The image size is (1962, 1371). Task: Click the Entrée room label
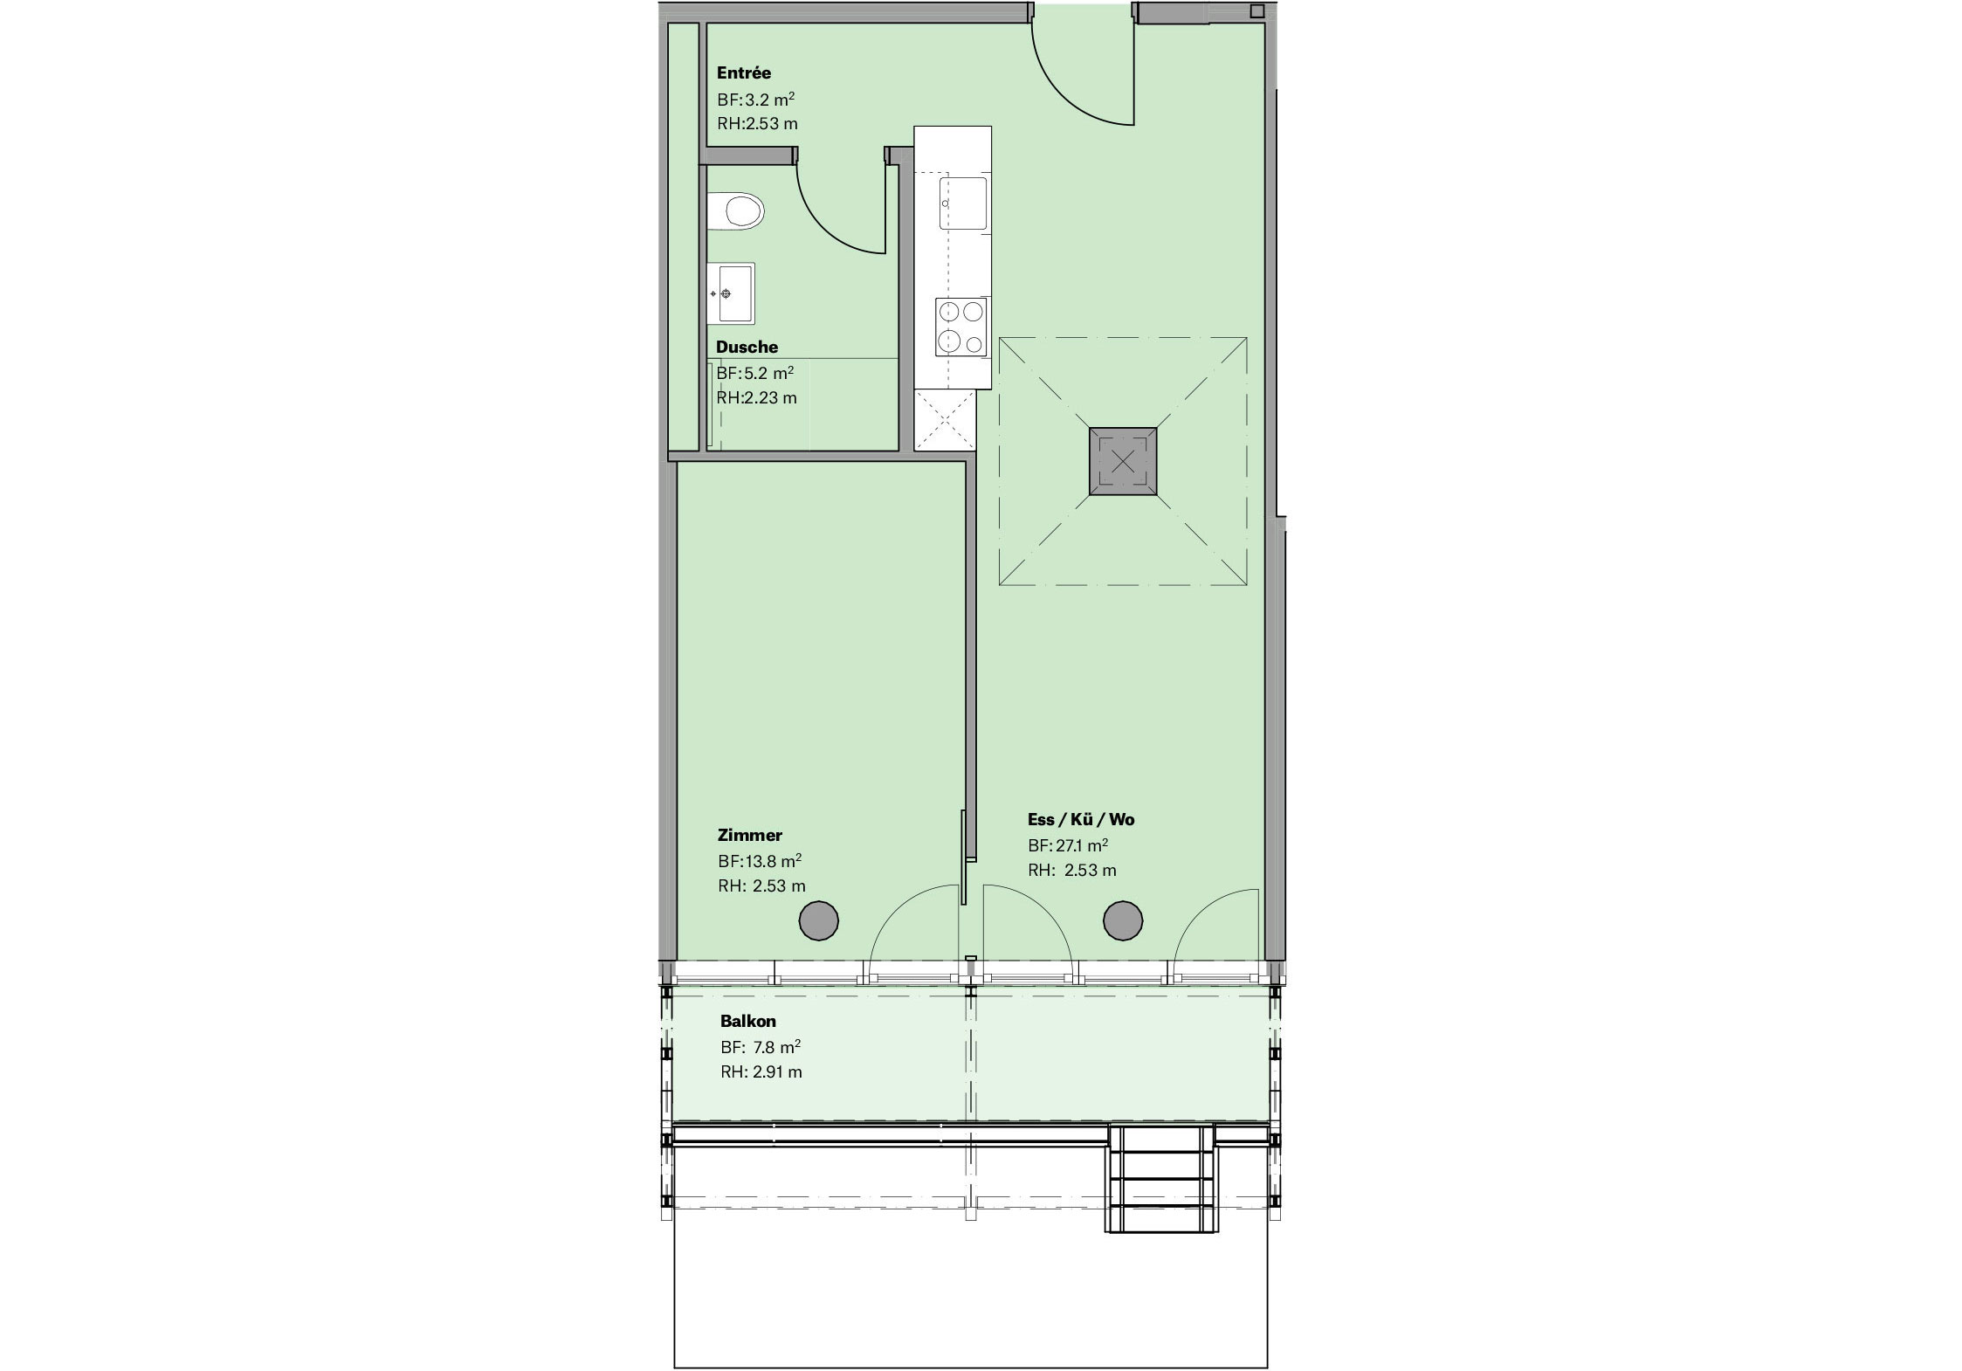tap(744, 73)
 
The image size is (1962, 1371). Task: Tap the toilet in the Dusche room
tap(736, 211)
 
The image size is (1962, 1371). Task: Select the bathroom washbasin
tap(731, 293)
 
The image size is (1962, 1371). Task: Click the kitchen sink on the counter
tap(963, 203)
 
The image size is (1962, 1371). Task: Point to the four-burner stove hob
tap(961, 327)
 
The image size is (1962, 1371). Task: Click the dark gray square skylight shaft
tap(1123, 461)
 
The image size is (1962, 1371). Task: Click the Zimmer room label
tap(750, 836)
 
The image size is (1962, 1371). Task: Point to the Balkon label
tap(748, 1021)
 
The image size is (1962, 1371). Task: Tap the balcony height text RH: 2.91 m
tap(761, 1071)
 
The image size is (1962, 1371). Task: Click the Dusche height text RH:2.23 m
tap(757, 398)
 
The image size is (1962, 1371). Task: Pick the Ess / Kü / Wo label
tap(1081, 820)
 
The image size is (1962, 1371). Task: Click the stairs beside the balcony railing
tap(1160, 1178)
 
